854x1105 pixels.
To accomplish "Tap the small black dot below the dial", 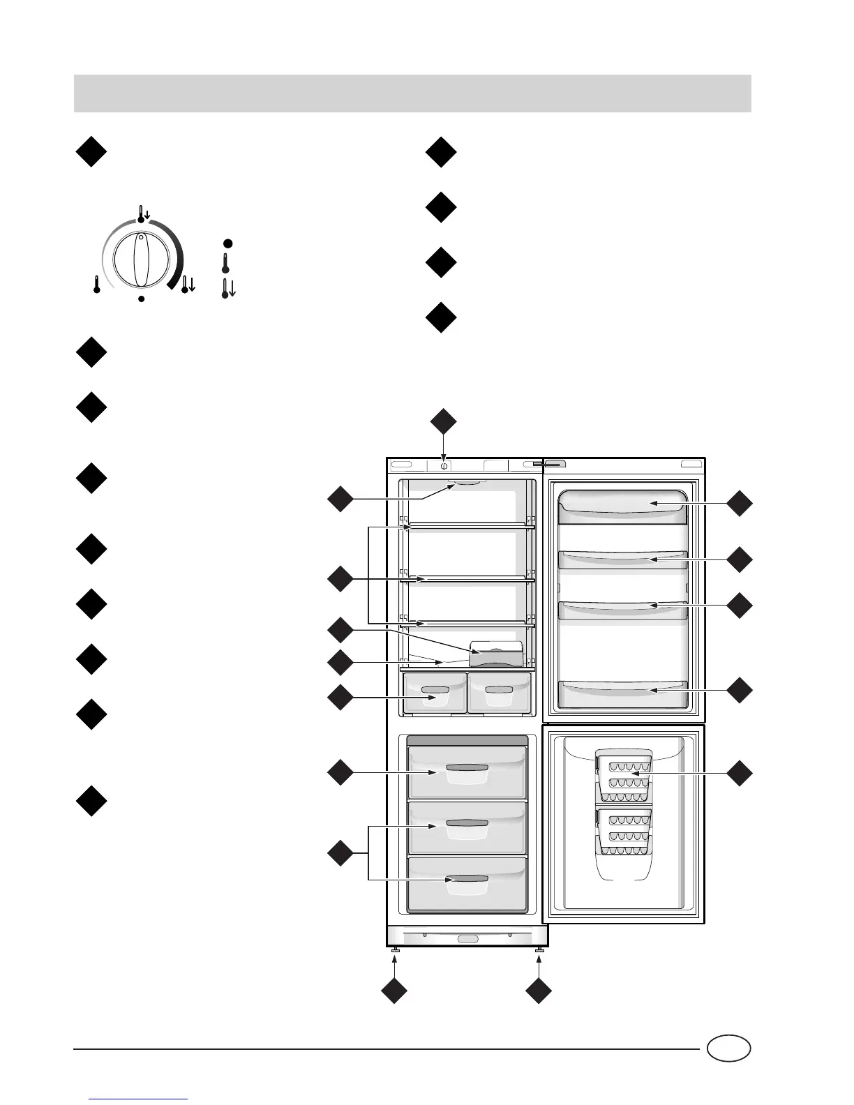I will [x=141, y=299].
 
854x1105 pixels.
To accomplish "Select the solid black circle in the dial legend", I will [x=227, y=243].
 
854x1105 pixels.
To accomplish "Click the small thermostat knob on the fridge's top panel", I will [x=444, y=465].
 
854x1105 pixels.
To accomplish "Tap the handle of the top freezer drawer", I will [x=467, y=768].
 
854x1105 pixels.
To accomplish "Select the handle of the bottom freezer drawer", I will [x=467, y=879].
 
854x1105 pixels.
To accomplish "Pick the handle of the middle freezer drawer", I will [x=467, y=823].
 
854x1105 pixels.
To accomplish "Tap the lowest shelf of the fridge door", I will [x=624, y=689].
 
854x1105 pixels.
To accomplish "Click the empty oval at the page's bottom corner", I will [x=728, y=1049].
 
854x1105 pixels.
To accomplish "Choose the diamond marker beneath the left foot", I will [x=394, y=992].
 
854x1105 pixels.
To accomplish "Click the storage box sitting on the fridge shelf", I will [x=496, y=654].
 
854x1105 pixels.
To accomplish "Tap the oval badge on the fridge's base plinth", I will [x=468, y=939].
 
